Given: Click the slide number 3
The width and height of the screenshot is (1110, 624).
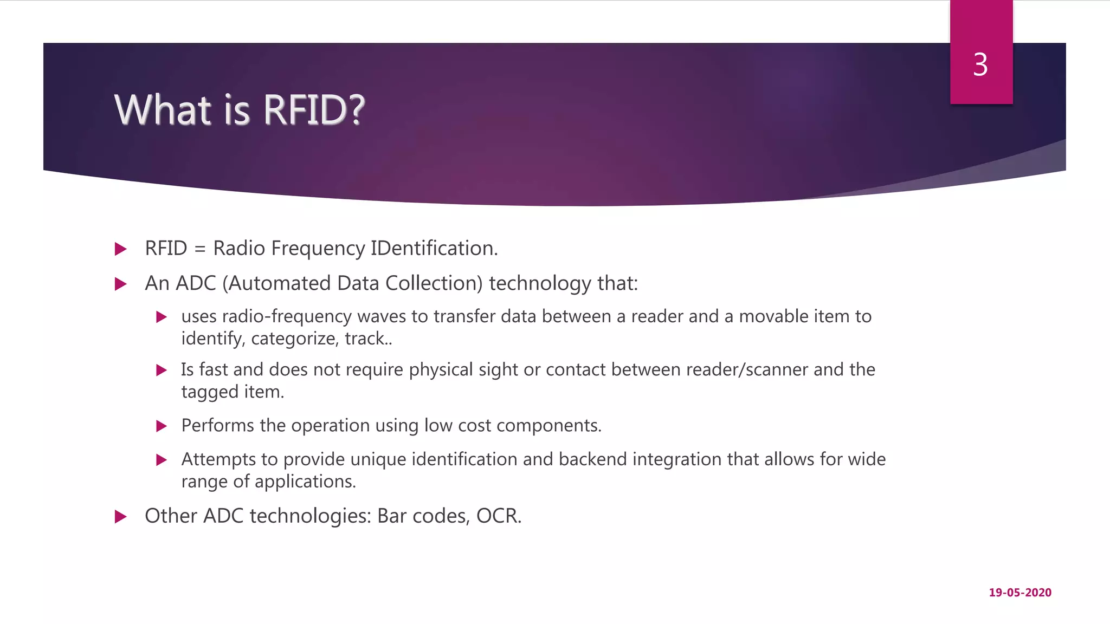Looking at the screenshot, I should tap(980, 65).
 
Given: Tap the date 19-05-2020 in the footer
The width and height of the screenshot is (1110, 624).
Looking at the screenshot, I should tap(1020, 593).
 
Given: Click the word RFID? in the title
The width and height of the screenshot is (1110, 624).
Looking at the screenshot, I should tap(314, 110).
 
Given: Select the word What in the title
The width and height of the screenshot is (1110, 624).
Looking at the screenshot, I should tap(163, 110).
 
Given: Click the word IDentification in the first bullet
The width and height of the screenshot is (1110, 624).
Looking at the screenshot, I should tap(434, 248).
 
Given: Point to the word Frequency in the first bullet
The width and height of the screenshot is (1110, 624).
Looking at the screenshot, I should tap(318, 249).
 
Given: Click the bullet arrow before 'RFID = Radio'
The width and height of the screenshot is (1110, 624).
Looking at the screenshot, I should tap(121, 249).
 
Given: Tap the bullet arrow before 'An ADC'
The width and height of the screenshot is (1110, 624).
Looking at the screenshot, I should tap(121, 284).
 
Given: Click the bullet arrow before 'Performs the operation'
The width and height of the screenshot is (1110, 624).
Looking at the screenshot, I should tap(161, 426).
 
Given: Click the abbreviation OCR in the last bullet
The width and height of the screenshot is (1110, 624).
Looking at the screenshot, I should tap(498, 516).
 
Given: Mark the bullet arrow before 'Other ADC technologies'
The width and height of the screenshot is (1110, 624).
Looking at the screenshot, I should tap(121, 517).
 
